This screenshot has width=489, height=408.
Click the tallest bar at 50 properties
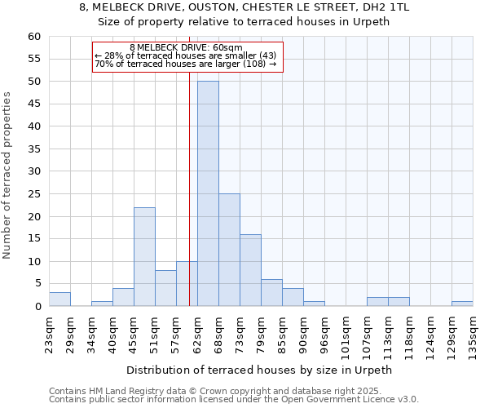(208, 193)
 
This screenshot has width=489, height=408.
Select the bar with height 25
(229, 250)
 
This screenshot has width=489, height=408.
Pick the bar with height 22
(144, 256)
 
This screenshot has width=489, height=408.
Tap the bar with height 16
(250, 270)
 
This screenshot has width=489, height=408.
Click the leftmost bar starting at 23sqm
(59, 299)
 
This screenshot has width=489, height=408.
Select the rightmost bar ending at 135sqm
(462, 304)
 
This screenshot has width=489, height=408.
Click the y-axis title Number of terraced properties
(8, 175)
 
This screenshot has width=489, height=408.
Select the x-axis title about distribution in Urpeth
(260, 370)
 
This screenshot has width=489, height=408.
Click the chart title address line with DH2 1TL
(244, 7)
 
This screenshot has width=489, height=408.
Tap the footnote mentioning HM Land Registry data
(233, 391)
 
